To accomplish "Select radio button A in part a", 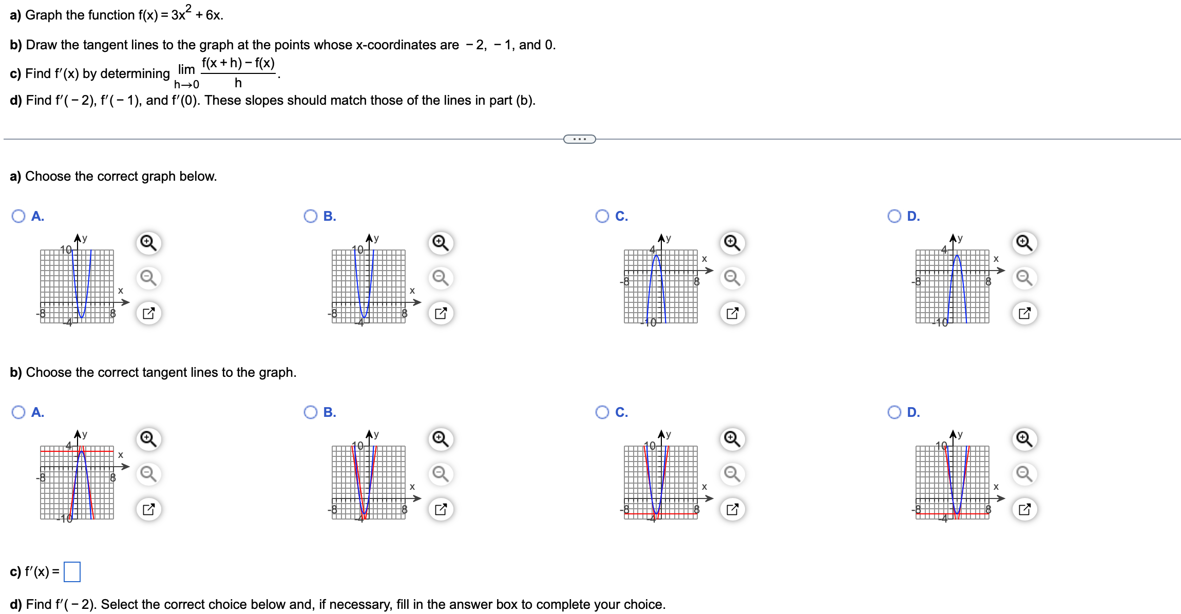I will click(18, 216).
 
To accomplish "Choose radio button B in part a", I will click(311, 216).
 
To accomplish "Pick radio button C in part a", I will click(602, 216).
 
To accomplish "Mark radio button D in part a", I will click(894, 216).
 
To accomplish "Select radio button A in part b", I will click(18, 412).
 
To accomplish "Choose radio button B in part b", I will click(311, 412).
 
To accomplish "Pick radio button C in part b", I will click(602, 412).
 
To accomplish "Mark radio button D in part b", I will click(894, 412).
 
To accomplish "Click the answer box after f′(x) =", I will click(72, 572).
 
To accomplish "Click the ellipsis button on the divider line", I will click(579, 139).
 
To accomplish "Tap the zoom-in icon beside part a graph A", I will click(148, 242).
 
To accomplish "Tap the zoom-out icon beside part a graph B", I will click(441, 278).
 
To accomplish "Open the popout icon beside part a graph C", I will click(732, 313).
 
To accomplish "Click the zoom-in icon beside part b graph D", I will click(1024, 439).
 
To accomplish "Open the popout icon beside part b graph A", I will click(148, 509).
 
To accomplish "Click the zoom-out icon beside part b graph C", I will click(732, 474).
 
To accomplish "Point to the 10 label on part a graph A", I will click(66, 250).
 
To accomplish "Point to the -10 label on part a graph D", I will click(941, 322).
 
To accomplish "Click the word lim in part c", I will click(186, 69).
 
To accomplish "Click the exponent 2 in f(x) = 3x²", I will click(188, 8).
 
